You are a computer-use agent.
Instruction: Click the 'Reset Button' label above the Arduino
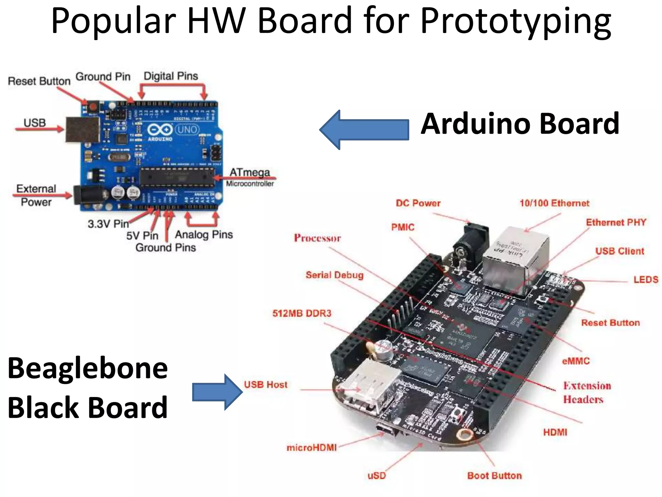[x=39, y=81]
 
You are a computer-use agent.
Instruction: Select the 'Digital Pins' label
[x=171, y=76]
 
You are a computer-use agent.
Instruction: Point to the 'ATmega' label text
[x=250, y=172]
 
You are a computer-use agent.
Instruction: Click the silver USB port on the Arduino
[x=82, y=129]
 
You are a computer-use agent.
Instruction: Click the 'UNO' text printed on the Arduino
[x=187, y=130]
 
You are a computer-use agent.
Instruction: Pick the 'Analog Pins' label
[x=204, y=235]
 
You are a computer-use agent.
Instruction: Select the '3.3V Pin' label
[x=108, y=224]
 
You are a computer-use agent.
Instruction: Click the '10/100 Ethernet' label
[x=554, y=203]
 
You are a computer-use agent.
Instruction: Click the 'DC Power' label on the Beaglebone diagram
[x=418, y=203]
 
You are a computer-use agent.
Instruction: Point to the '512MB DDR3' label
[x=302, y=313]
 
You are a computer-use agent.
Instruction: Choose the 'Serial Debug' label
[x=335, y=275]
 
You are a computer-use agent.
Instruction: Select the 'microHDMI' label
[x=312, y=447]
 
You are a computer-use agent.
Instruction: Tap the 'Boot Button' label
[x=495, y=475]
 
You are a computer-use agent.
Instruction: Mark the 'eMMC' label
[x=576, y=361]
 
